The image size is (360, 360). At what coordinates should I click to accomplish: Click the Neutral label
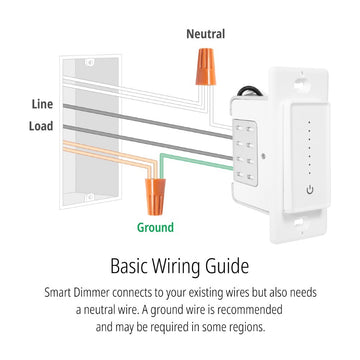(206, 34)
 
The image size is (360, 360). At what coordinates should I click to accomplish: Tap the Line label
(42, 104)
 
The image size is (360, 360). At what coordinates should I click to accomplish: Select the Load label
(41, 126)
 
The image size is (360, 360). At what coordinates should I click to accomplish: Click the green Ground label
(155, 228)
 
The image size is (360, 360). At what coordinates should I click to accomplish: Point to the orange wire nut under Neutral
(205, 67)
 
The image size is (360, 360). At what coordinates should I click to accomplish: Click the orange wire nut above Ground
(155, 197)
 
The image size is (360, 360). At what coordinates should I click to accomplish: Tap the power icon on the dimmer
(310, 190)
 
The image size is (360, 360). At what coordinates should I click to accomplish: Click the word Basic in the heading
(129, 266)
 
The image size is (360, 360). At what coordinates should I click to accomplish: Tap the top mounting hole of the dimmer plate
(300, 83)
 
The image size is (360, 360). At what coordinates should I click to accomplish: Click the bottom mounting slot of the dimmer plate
(297, 221)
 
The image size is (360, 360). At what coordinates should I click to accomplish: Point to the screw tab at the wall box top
(90, 62)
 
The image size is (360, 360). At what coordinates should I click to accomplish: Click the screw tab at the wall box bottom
(90, 197)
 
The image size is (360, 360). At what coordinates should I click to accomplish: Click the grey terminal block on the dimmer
(246, 152)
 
